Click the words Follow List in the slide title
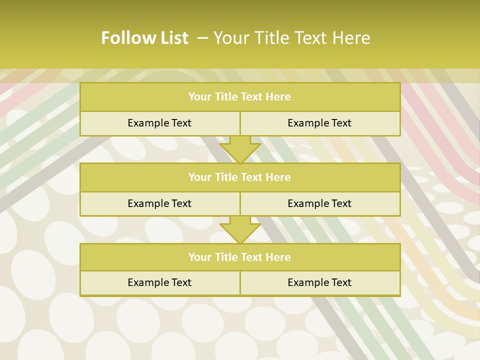tap(144, 38)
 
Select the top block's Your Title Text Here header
tap(239, 97)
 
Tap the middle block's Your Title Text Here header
tap(239, 177)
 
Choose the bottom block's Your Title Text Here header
tap(239, 257)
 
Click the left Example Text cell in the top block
tap(159, 123)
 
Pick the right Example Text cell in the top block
tap(319, 123)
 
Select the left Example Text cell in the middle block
tap(159, 203)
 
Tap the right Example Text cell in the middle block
tap(319, 203)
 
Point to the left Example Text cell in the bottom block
tap(159, 282)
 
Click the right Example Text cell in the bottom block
tap(319, 282)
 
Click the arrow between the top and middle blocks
tap(240, 149)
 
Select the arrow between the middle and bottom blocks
tap(240, 229)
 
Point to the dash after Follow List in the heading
tap(203, 38)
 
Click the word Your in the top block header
tap(200, 97)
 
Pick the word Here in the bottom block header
tap(278, 257)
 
